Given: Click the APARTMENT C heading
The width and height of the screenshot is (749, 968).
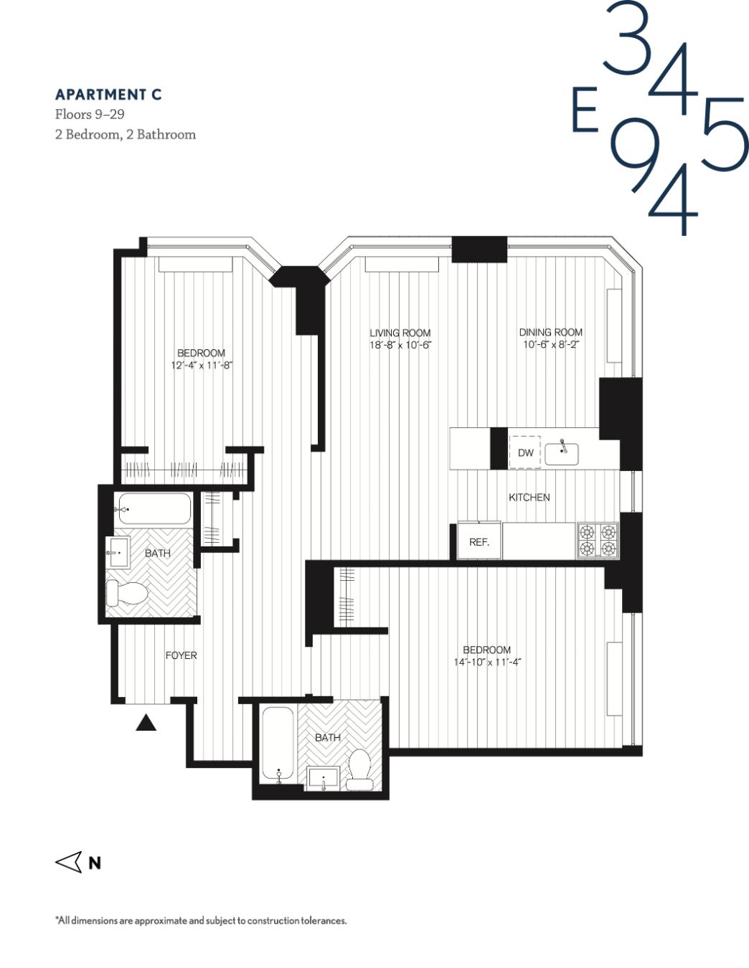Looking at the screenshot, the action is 108,95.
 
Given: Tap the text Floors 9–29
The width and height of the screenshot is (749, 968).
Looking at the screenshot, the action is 90,115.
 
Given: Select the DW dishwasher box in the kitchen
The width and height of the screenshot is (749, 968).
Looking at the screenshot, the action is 525,452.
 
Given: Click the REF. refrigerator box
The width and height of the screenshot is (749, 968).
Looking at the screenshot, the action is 479,542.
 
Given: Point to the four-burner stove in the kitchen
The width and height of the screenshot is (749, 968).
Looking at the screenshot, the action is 598,540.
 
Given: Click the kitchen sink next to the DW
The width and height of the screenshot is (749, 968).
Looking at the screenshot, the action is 562,453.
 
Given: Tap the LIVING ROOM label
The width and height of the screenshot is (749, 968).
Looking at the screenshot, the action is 400,333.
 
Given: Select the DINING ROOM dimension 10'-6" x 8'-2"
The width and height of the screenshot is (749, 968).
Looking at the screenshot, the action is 550,344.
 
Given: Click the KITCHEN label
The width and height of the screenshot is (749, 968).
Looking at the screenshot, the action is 529,497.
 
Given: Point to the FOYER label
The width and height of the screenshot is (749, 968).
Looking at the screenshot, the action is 181,655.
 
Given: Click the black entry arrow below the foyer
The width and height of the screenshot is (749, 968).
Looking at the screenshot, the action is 146,723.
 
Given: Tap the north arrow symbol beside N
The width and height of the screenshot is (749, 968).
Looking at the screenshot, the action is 69,862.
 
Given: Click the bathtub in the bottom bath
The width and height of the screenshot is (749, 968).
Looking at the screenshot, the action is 278,744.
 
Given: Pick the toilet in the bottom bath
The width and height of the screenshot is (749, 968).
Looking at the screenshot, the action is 359,769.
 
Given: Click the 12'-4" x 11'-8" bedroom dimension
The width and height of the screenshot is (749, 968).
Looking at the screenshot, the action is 202,365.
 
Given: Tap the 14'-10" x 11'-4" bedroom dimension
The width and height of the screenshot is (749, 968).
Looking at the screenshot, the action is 486,662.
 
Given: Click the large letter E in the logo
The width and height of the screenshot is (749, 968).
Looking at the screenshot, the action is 585,110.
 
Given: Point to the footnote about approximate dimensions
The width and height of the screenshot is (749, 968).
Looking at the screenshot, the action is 202,921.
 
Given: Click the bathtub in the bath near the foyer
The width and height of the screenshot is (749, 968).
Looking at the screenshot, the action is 154,509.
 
